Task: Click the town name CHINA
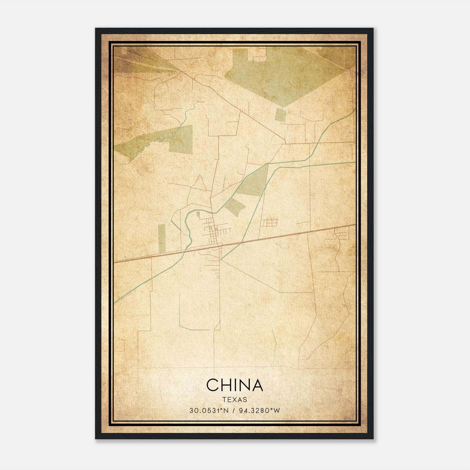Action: pyautogui.click(x=234, y=385)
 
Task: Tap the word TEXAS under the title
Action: pyautogui.click(x=235, y=399)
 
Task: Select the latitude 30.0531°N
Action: pyautogui.click(x=209, y=410)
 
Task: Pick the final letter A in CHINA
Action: pyautogui.click(x=256, y=385)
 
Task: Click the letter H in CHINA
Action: pyautogui.click(x=226, y=385)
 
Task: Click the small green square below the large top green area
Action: pyautogui.click(x=280, y=114)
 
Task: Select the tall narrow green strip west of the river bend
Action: pyautogui.click(x=162, y=238)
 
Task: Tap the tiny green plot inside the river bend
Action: pyautogui.click(x=198, y=214)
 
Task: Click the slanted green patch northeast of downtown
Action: pyautogui.click(x=235, y=207)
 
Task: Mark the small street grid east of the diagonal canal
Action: pyautogui.click(x=270, y=222)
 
